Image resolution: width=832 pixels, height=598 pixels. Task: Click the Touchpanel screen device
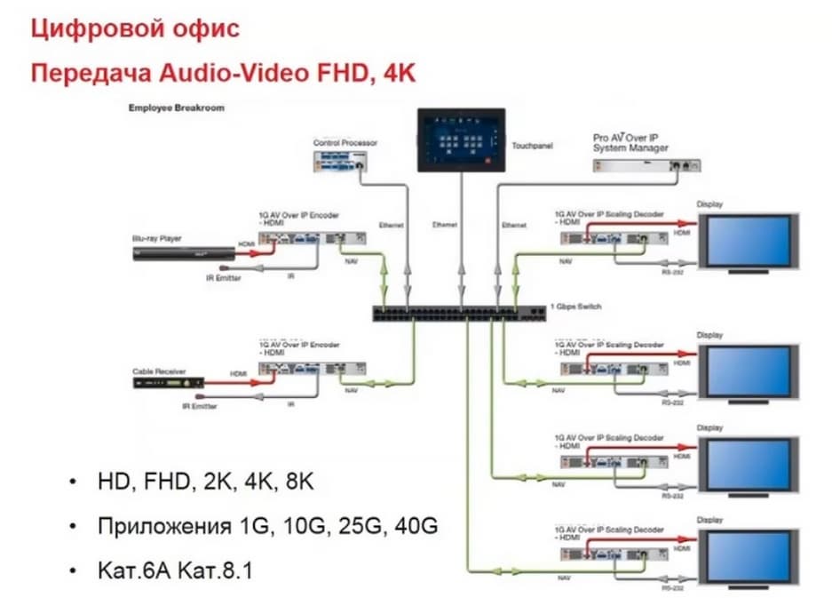(x=461, y=140)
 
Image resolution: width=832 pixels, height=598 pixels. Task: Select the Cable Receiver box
(x=169, y=383)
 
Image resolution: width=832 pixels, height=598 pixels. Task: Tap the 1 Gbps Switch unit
(x=459, y=312)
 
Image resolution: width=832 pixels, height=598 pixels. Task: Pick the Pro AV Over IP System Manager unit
(x=646, y=164)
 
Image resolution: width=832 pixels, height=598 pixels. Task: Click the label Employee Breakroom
(x=176, y=108)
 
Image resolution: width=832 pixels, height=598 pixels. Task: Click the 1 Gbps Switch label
(x=577, y=307)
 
